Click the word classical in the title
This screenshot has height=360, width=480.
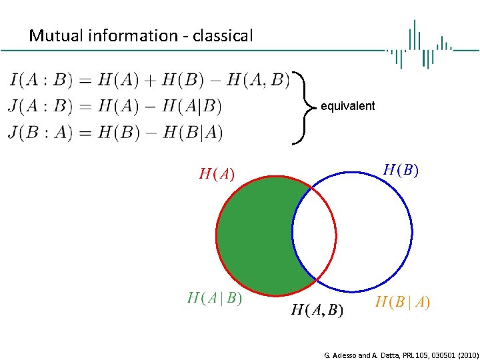pos(223,36)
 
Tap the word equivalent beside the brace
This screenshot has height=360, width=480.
pos(347,106)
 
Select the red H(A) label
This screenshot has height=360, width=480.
pos(217,175)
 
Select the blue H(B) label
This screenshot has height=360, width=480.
pos(401,170)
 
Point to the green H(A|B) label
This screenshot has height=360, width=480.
pos(214,299)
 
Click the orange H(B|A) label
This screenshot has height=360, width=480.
pos(403,303)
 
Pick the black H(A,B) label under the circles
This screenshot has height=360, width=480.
pos(317,309)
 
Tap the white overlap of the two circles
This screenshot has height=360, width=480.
pos(314,233)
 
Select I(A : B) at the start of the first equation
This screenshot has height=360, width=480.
pos(38,81)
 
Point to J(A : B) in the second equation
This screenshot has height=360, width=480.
pos(38,107)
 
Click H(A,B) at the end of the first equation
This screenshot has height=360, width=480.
pos(258,81)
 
